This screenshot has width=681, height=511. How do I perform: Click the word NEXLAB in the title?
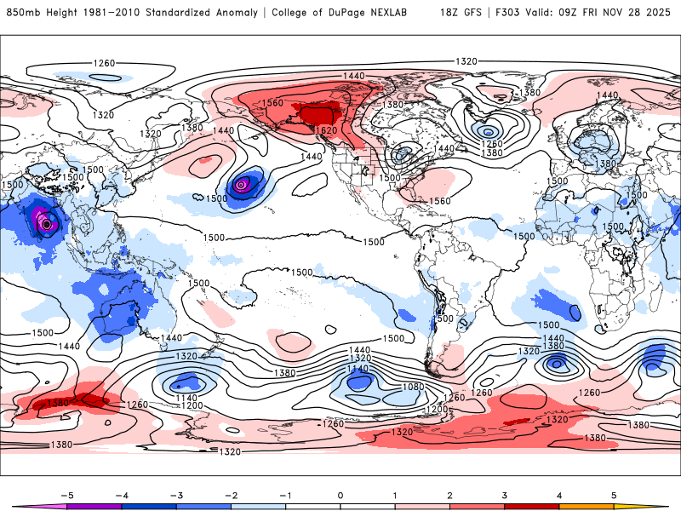coord(399,13)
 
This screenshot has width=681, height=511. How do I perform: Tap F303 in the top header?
coord(507,13)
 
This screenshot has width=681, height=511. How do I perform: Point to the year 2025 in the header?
coord(660,13)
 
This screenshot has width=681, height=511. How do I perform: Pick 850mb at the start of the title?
coord(21,13)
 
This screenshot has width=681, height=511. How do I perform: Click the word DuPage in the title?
coord(355,13)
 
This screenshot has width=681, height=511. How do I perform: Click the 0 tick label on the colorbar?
coord(340,494)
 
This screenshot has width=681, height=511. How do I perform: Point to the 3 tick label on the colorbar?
coord(505,494)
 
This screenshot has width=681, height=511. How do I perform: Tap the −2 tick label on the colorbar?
coord(230,494)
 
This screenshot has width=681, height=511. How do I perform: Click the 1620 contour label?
coord(326,130)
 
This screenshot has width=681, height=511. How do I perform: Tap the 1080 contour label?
coord(415,388)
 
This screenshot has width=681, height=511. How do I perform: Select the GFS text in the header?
coord(473,13)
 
